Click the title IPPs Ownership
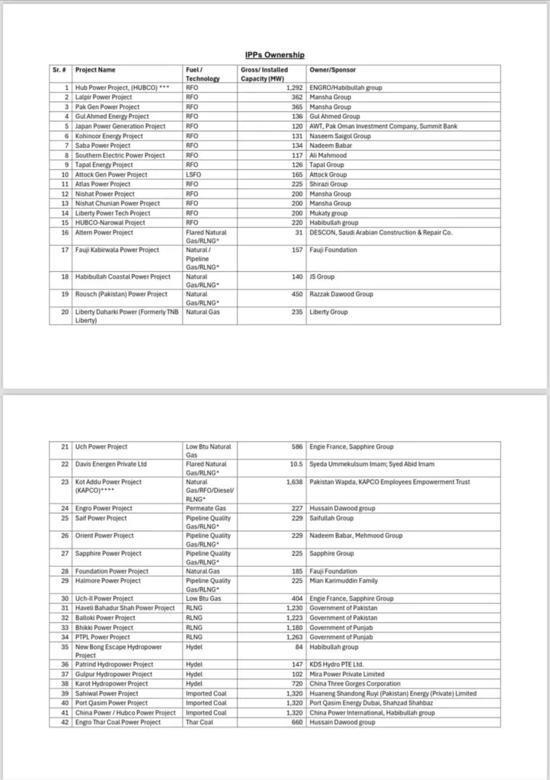tap(274, 55)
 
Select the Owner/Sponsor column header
tap(326, 69)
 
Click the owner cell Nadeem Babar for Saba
tap(328, 145)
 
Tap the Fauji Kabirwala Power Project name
tap(117, 250)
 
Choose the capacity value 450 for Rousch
tap(297, 294)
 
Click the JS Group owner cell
tap(321, 277)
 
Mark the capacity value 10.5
tap(296, 464)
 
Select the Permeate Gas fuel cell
tap(206, 508)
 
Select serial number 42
tap(64, 722)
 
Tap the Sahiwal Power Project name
tap(107, 694)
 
